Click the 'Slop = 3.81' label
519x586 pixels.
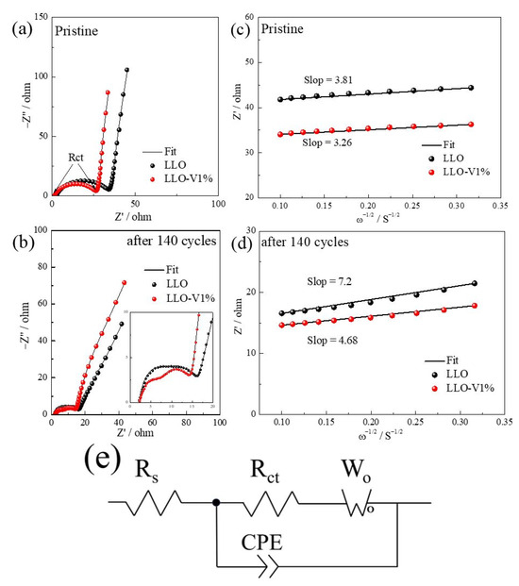pos(327,78)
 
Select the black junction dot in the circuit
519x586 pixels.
pos(217,502)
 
